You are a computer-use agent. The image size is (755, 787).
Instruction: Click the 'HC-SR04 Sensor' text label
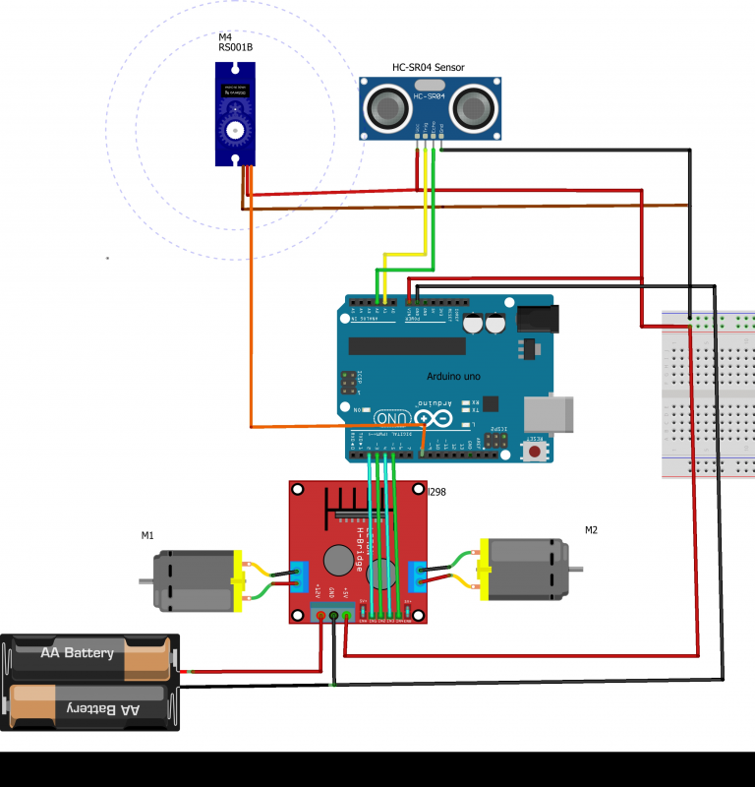coord(428,68)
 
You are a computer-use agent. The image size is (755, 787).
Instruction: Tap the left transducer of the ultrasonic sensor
coord(385,107)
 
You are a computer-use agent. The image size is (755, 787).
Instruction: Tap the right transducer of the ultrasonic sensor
coord(473,107)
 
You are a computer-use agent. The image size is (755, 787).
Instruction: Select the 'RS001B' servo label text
coord(236,47)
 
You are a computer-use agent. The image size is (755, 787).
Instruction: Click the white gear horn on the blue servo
coord(235,128)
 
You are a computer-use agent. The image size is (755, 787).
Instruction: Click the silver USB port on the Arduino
coord(552,413)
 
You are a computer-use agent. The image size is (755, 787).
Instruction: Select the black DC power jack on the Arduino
coord(538,317)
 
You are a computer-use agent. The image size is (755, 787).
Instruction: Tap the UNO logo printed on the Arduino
coord(388,418)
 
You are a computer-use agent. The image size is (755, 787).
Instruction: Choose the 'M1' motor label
coord(147,536)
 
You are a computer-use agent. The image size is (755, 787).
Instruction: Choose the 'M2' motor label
coord(591,530)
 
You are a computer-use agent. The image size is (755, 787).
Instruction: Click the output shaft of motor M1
coord(145,580)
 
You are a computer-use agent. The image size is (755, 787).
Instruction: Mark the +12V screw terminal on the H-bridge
coord(320,615)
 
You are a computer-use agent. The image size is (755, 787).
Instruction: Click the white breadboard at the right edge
coord(709,393)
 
